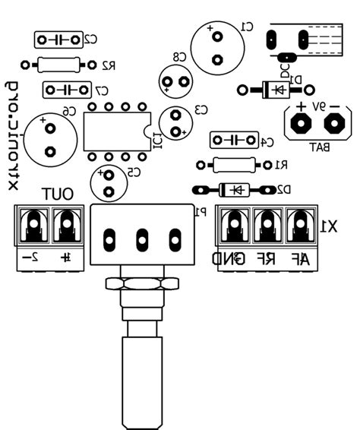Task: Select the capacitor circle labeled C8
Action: tap(175, 81)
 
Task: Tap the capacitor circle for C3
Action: tap(176, 123)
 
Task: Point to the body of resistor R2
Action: tap(58, 65)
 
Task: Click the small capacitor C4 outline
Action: tap(233, 140)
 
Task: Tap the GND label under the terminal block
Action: tap(230, 259)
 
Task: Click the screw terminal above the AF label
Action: tap(301, 225)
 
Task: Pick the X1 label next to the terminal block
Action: tap(329, 226)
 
